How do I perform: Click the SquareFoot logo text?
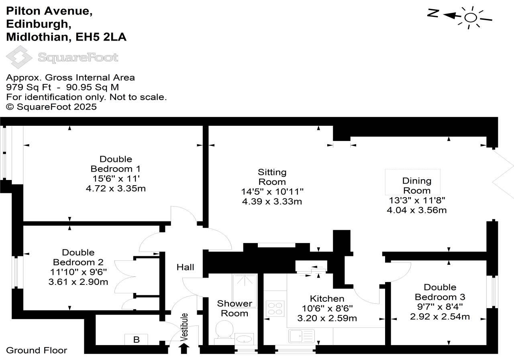[x=78, y=57]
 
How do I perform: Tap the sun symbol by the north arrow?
[x=470, y=17]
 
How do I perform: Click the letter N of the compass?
[x=432, y=13]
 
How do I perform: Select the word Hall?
[x=185, y=267]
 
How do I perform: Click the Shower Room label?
[x=235, y=308]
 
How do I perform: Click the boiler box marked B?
[x=136, y=340]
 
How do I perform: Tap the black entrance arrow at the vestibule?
[x=185, y=348]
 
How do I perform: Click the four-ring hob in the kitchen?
[x=275, y=309]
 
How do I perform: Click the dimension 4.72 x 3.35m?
[x=116, y=188]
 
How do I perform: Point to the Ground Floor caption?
[x=37, y=350]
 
